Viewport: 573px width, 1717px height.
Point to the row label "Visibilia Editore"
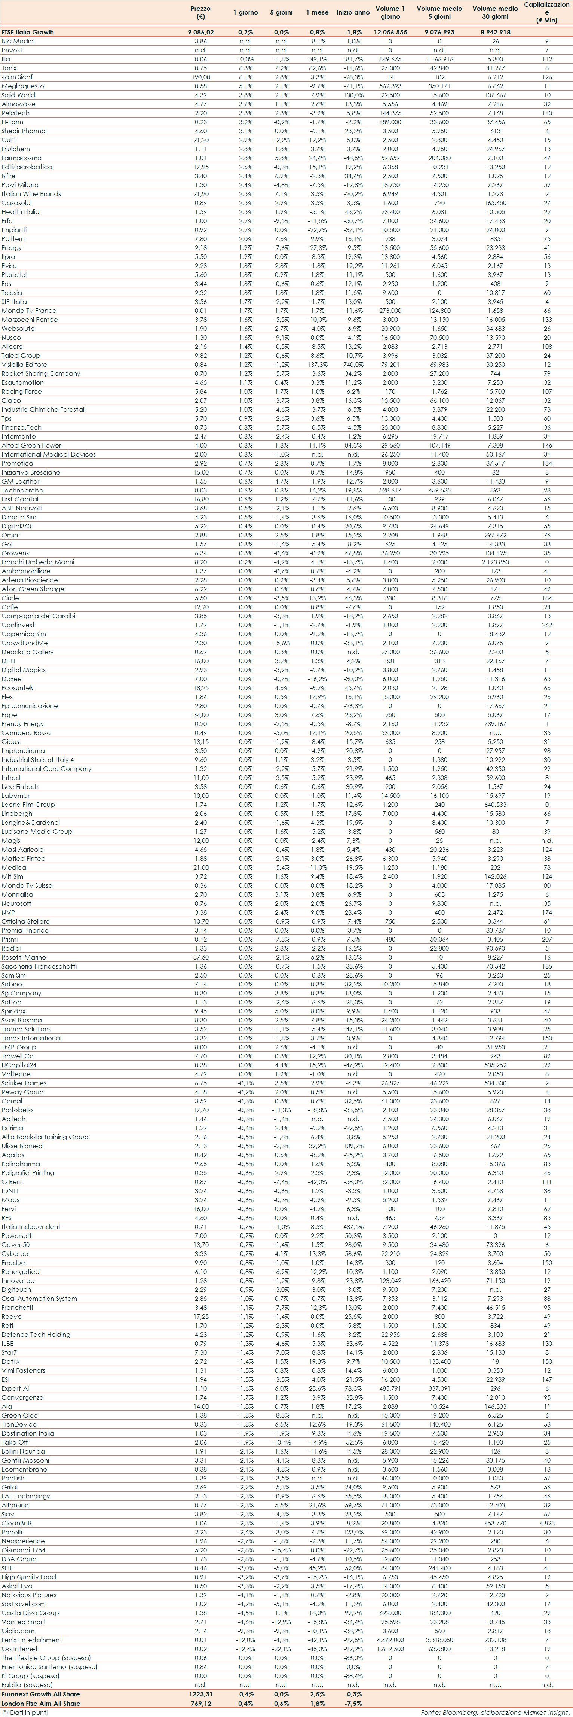pyautogui.click(x=24, y=365)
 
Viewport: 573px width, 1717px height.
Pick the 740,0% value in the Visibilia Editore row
pyautogui.click(x=353, y=365)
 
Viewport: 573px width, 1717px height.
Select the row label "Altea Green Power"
pyautogui.click(x=31, y=445)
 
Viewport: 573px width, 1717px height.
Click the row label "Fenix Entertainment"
pyautogui.click(x=32, y=1640)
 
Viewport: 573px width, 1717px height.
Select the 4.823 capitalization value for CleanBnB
pyautogui.click(x=546, y=1523)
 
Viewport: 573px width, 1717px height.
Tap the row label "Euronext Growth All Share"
pyautogui.click(x=41, y=1694)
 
